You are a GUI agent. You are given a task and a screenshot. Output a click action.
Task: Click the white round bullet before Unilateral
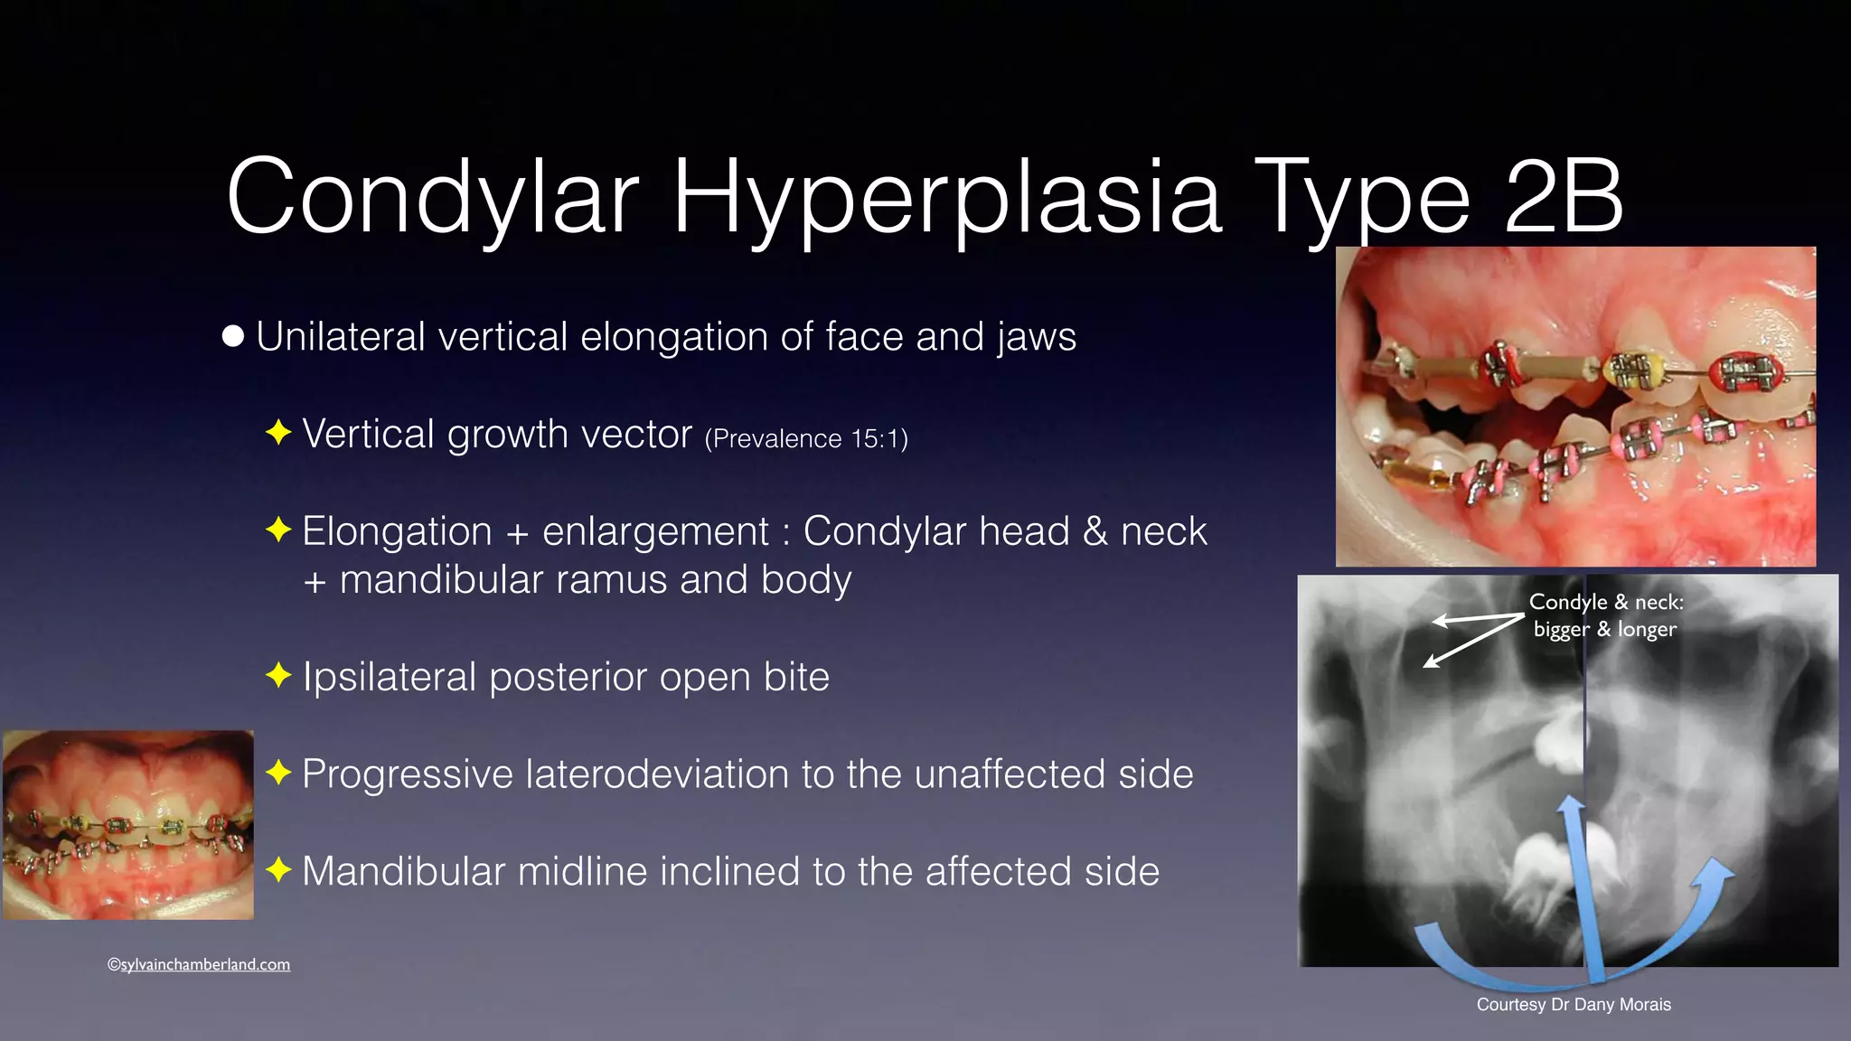233,336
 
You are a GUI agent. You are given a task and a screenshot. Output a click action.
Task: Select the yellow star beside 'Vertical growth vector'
278,433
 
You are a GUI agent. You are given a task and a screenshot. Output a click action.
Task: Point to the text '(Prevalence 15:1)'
806,439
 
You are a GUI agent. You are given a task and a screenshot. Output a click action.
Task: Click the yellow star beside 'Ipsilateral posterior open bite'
278,675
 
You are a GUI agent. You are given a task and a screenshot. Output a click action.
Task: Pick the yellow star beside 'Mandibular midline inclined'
278,870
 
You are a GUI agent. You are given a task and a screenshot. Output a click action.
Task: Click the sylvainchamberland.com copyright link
199,964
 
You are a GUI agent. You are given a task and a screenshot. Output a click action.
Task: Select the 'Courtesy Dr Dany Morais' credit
1574,1005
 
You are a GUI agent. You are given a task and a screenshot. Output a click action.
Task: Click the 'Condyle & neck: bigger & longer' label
1606,615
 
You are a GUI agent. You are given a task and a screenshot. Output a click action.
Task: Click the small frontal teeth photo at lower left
128,824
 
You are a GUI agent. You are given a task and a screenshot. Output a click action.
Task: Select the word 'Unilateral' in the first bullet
341,337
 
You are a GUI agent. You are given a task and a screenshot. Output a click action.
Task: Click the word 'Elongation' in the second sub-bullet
397,531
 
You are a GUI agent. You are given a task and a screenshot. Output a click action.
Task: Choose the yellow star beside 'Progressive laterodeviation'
278,773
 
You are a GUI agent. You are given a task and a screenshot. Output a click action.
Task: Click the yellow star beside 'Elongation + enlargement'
278,530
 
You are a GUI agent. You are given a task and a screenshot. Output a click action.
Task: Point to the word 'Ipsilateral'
390,677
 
